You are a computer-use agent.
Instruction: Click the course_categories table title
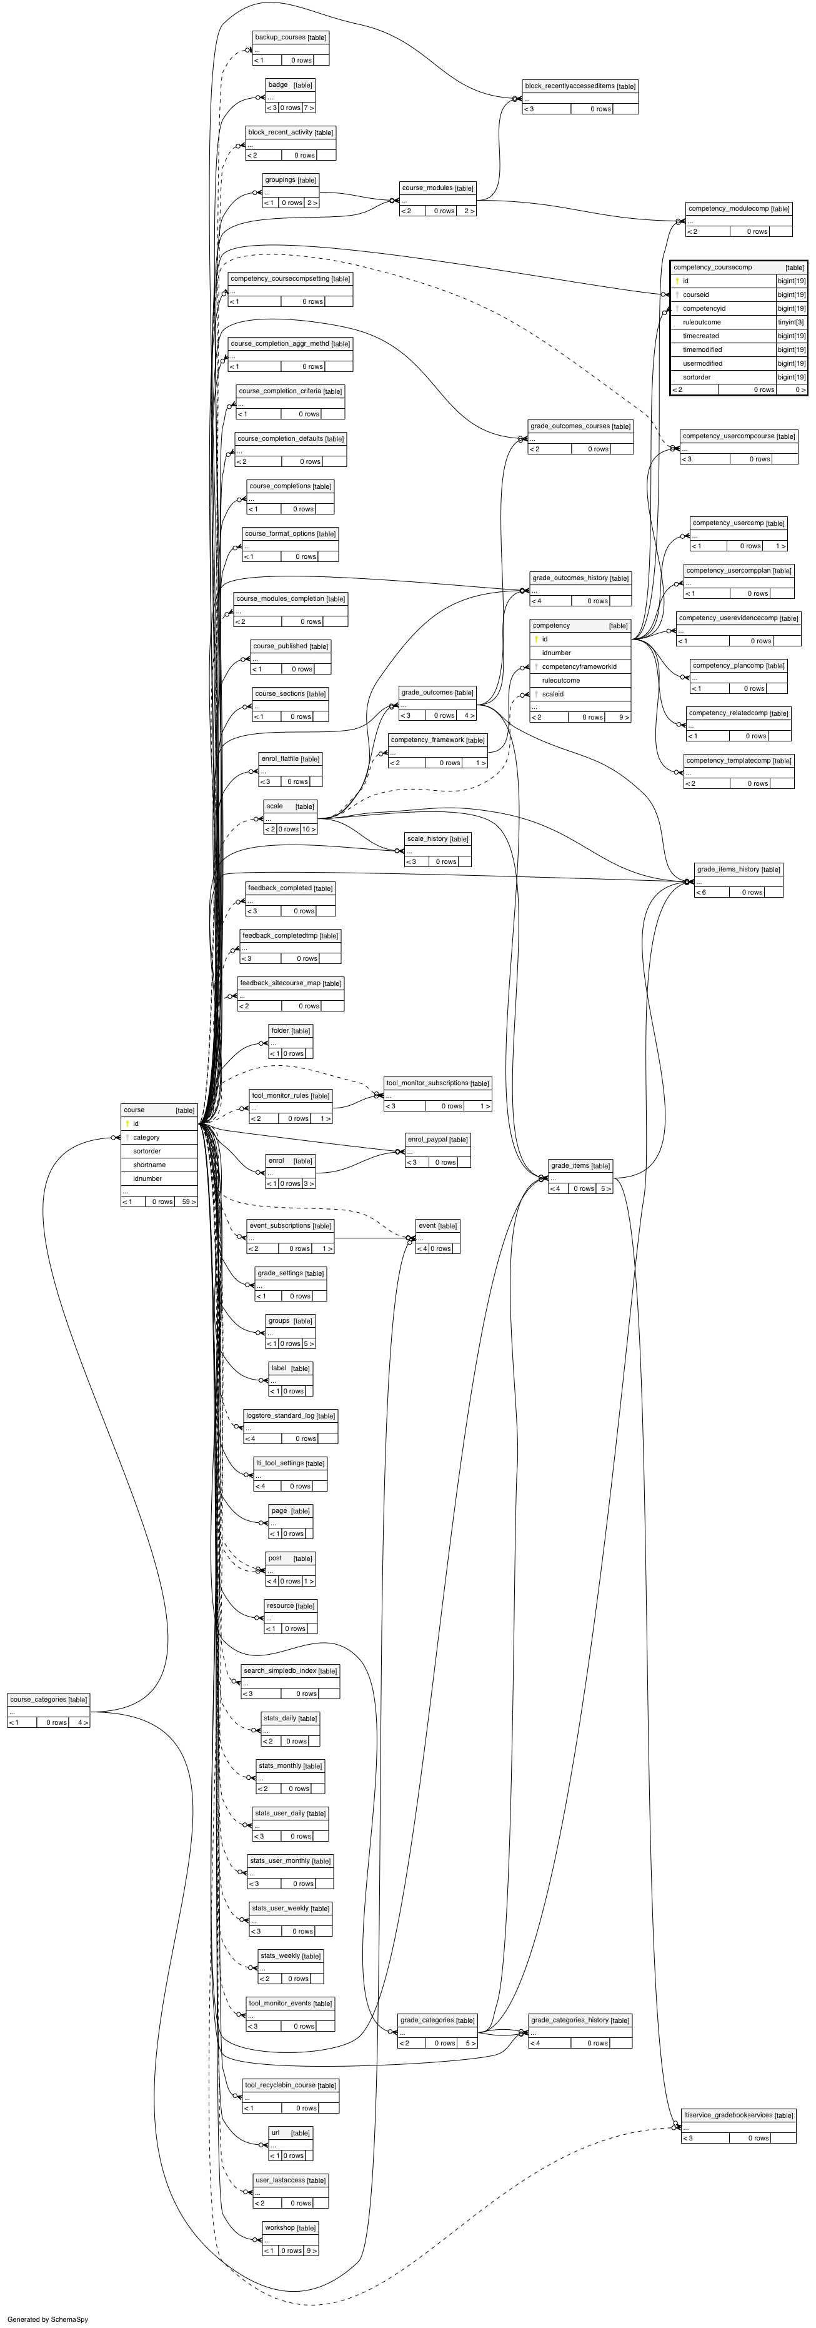click(48, 1699)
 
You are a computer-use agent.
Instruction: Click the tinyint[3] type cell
click(791, 322)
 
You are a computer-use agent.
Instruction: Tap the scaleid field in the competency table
click(552, 694)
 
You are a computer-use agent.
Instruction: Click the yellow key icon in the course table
click(127, 1123)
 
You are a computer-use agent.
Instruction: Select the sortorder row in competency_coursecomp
click(697, 377)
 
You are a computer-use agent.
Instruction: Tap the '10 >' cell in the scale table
click(308, 829)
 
